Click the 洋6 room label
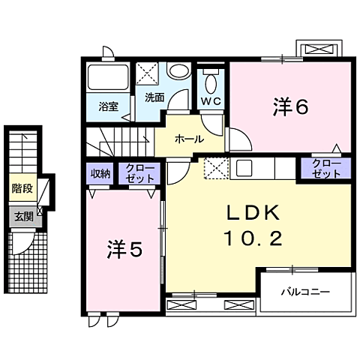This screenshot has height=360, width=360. pos(289,108)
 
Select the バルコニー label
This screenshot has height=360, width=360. pos(307,292)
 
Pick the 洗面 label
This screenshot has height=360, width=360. pos(154,97)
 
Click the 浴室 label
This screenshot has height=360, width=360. pos(109,106)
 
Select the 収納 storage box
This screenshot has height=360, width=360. pos(100,173)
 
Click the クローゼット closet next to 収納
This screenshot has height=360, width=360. pos(141,173)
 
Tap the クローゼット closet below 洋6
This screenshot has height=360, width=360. pos(326,168)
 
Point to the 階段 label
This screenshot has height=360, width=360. pos(22,189)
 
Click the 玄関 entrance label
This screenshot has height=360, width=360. pos(22,217)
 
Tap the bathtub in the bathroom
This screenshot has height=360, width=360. pos(109,78)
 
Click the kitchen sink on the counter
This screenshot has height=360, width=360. pos(244,168)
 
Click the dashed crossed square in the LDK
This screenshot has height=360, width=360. pos(216,169)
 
